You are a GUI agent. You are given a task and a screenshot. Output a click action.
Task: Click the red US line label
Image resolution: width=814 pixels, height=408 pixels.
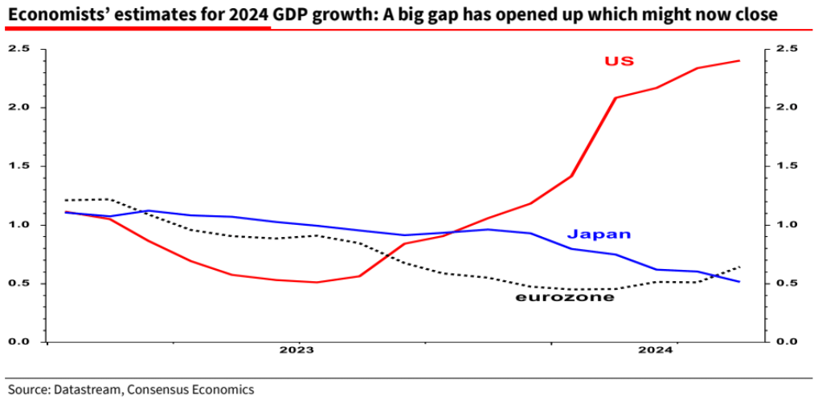619,61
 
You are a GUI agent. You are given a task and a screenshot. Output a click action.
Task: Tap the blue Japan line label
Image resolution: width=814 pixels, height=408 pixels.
599,235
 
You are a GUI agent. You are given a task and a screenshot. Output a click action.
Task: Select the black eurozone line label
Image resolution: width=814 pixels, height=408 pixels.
565,297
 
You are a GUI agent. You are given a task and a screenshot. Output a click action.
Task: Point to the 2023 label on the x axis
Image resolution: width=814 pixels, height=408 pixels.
296,350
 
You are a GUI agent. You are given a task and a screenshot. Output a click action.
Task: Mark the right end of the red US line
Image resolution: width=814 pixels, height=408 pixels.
739,61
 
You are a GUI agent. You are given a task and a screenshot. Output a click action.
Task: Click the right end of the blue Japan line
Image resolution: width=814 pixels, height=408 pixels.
739,282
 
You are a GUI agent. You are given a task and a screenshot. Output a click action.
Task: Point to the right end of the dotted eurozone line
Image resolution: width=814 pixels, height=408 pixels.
739,267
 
